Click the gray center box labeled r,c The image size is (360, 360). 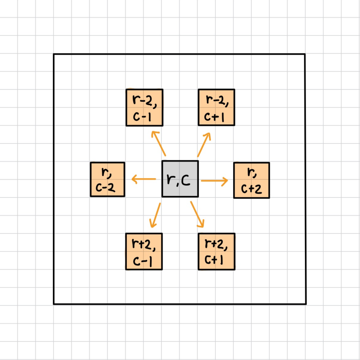(x=180, y=179)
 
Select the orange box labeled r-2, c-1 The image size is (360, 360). (x=144, y=107)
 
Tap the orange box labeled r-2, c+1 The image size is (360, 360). (x=216, y=107)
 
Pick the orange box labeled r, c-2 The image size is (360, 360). (x=107, y=180)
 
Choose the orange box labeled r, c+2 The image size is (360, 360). (x=251, y=180)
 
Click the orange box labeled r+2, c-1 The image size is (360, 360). (x=144, y=251)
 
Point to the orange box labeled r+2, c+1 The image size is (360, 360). (x=216, y=251)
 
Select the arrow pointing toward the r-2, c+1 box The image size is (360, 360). (x=204, y=145)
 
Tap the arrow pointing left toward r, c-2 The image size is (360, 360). (x=144, y=179)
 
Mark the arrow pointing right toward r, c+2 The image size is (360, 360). (x=214, y=181)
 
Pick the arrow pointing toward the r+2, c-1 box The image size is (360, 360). (x=155, y=215)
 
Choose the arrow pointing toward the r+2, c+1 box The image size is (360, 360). (x=197, y=214)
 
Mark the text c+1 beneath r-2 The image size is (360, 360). (x=214, y=117)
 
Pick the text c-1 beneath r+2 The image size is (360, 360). (x=142, y=261)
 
